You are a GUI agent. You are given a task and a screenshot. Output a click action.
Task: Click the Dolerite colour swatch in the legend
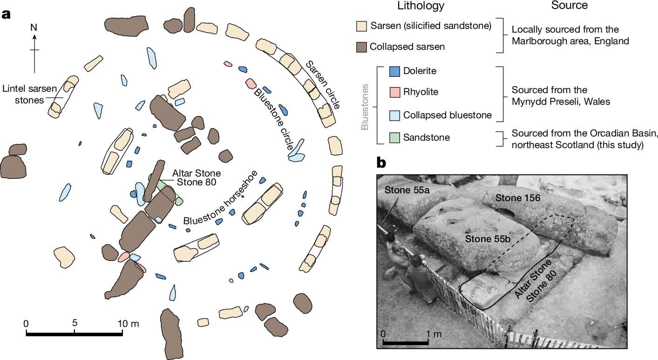394,71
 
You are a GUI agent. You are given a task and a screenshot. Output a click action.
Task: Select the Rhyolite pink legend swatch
394,92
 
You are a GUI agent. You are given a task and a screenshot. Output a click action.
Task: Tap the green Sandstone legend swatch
394,137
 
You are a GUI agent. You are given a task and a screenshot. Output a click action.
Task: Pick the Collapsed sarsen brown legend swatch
360,47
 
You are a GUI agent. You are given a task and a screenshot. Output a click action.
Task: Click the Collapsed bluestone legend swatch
394,115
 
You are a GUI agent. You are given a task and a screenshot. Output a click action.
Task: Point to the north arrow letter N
34,27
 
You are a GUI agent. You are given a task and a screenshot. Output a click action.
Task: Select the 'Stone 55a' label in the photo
403,190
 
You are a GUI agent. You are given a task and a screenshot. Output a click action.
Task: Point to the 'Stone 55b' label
484,238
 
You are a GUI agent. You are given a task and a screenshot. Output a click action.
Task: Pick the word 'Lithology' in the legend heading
421,6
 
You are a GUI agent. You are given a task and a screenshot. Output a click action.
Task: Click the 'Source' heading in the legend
569,6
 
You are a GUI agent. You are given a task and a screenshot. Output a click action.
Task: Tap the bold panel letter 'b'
381,163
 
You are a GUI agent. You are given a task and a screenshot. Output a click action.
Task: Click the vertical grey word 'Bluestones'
365,107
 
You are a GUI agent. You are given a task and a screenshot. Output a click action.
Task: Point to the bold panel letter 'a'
6,14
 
